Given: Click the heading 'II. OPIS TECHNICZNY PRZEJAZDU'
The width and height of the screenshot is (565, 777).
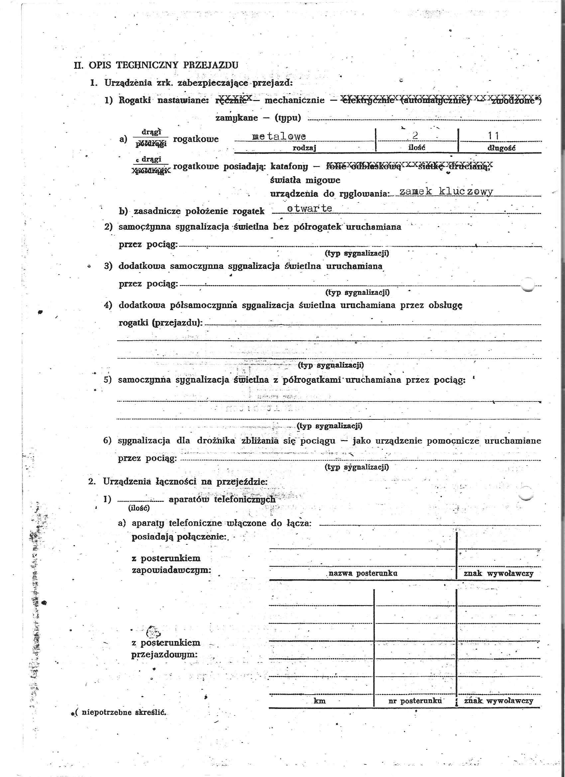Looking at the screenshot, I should tap(156, 65).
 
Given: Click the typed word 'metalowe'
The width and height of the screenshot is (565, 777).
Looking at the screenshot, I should tap(279, 136).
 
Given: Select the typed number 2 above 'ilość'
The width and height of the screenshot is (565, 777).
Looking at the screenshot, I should tap(415, 136).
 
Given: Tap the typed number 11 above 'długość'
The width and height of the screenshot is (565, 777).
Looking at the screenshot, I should tap(494, 136).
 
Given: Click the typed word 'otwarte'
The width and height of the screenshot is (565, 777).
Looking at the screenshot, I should tap(309, 208).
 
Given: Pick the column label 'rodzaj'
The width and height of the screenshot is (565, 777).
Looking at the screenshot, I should tap(304, 148).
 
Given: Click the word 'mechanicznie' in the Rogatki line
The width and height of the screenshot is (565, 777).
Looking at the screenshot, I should tap(294, 100).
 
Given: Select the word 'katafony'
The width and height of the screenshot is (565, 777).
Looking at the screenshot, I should tap(289, 166).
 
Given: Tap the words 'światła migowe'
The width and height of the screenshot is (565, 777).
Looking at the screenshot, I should tap(305, 180).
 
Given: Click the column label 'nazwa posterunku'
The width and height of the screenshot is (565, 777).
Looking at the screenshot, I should tap(363, 573).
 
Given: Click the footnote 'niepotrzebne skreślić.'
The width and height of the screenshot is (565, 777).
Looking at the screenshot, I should tap(124, 712).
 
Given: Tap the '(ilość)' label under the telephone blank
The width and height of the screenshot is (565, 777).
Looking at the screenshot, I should tap(139, 508).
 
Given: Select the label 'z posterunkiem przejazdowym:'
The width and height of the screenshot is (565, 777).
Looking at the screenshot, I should tap(165, 648).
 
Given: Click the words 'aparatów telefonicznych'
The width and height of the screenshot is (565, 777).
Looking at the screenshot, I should tap(222, 499).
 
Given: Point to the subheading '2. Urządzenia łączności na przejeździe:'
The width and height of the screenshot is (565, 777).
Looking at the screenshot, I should tap(178, 481).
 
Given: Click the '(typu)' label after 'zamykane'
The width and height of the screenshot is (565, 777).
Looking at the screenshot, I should tap(287, 118).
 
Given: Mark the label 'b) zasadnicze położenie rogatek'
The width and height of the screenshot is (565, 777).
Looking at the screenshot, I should tap(191, 211).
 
